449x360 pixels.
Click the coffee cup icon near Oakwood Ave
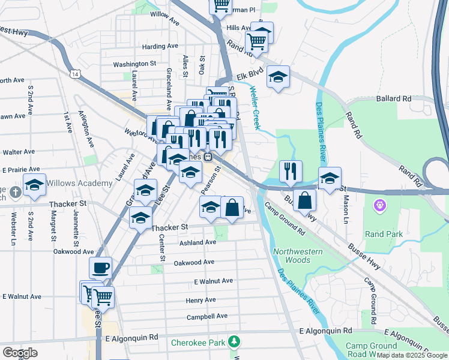point(100,267)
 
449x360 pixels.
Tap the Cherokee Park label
point(197,343)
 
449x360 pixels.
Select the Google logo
point(20,353)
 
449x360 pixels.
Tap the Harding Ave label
point(160,46)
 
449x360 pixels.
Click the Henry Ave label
point(200,300)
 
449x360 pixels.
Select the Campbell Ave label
point(207,316)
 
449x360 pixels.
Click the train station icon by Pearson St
point(208,157)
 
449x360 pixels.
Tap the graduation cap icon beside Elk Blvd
point(278,77)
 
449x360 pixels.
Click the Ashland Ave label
point(197,242)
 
